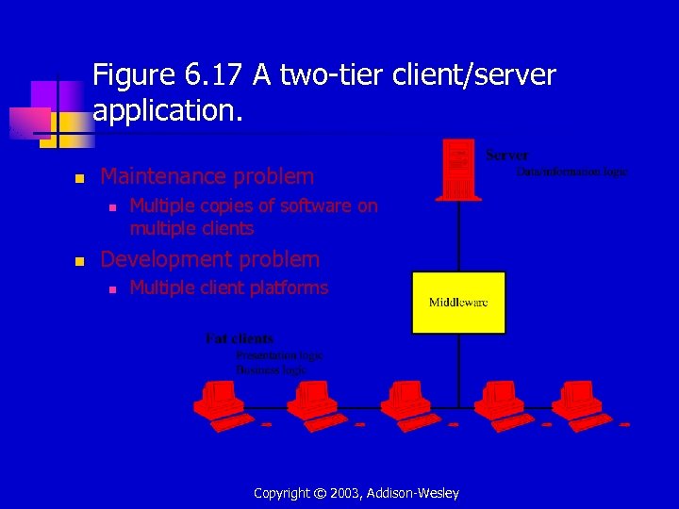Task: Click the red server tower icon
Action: click(458, 170)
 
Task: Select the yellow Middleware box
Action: click(458, 302)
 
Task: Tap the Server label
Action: click(507, 155)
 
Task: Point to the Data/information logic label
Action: click(571, 172)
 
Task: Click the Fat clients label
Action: click(240, 338)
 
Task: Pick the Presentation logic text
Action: click(279, 355)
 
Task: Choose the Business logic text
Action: click(271, 370)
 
